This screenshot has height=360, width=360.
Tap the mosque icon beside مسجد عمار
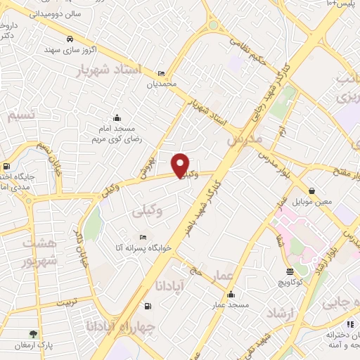click(x=231, y=294)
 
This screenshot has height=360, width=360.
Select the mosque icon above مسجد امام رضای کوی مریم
click(x=117, y=118)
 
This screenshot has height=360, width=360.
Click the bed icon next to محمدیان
click(x=162, y=73)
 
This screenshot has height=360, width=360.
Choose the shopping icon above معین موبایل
click(x=311, y=191)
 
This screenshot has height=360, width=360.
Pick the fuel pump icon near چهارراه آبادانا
click(x=146, y=306)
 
